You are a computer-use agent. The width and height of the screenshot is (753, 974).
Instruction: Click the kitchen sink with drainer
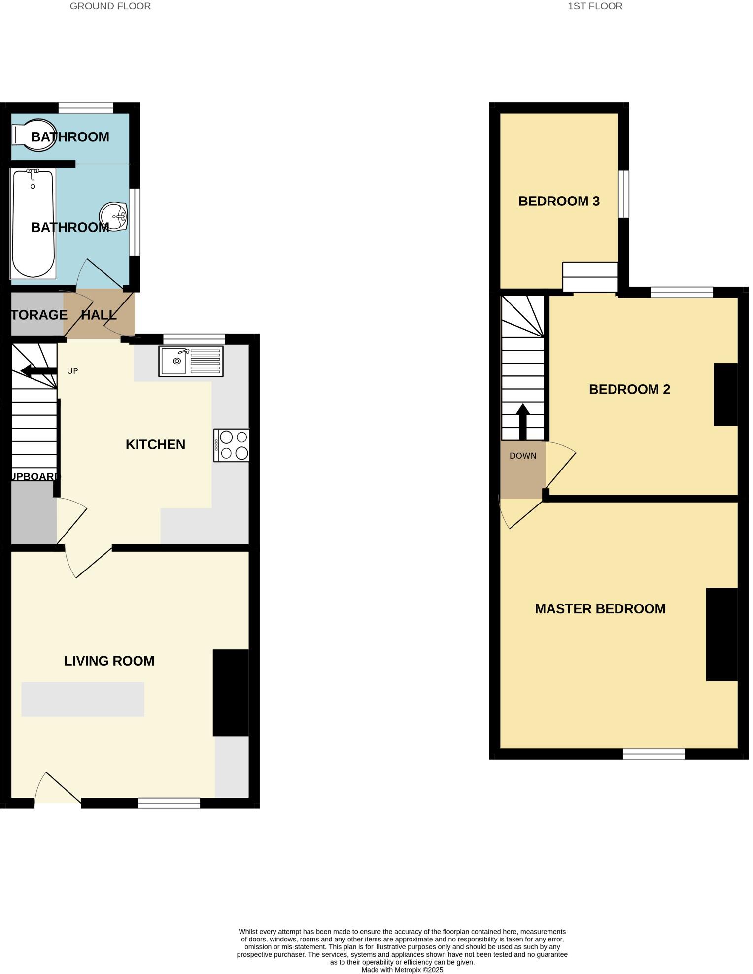(x=191, y=362)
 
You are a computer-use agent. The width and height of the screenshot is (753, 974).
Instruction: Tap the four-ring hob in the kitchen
(x=232, y=445)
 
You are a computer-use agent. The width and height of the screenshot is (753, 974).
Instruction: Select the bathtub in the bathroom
(x=33, y=224)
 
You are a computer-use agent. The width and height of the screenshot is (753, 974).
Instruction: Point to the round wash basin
(x=114, y=216)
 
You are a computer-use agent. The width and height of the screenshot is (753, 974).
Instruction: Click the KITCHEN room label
(x=155, y=445)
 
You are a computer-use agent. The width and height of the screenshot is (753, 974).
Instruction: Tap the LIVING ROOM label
(x=109, y=661)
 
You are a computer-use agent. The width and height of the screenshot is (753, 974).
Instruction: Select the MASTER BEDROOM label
(x=600, y=609)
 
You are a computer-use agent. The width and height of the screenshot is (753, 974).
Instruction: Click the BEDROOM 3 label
(x=559, y=201)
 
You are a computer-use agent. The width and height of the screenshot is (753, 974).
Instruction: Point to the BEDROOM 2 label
(x=629, y=389)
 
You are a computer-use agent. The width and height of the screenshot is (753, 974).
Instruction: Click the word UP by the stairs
(x=72, y=371)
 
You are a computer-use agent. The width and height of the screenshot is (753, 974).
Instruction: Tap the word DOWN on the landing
(x=523, y=456)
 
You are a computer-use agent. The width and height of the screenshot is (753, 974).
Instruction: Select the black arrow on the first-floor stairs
(x=523, y=422)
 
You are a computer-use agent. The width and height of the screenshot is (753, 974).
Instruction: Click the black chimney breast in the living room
(x=230, y=693)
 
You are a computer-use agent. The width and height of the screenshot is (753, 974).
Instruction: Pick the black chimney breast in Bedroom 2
(x=725, y=394)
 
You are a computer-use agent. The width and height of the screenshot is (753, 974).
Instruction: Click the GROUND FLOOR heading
(x=110, y=6)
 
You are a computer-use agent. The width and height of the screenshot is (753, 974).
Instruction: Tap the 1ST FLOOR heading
(x=595, y=6)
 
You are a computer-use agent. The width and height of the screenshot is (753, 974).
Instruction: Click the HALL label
(x=99, y=315)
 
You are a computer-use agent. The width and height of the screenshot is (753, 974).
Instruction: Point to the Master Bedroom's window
(x=653, y=754)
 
